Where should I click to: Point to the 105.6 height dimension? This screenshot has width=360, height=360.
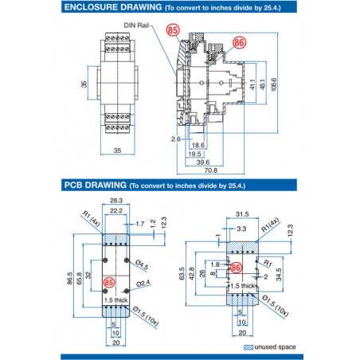pyautogui.click(x=274, y=84)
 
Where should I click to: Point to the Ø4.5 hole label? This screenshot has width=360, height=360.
pyautogui.click(x=143, y=264)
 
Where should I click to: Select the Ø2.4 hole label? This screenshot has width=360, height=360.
pyautogui.click(x=144, y=283)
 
